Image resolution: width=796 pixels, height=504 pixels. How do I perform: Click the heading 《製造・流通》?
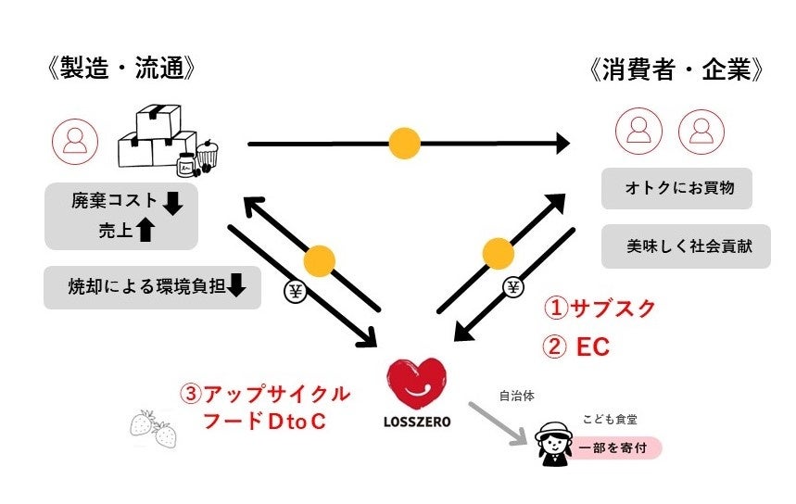120,70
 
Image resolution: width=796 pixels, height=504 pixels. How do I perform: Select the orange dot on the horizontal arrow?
404,143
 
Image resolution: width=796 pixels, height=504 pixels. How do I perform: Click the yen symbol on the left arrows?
296,292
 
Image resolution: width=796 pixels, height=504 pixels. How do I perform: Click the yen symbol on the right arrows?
513,286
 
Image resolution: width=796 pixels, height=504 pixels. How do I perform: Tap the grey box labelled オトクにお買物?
676,188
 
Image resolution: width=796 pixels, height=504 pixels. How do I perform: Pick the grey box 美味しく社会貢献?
685,246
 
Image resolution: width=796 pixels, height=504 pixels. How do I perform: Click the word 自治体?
516,396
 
